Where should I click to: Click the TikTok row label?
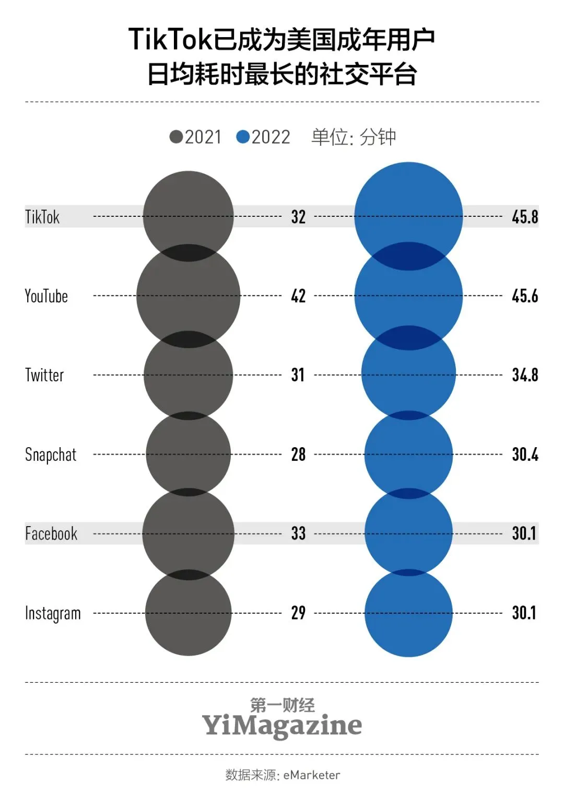42,217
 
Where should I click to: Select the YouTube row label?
46,296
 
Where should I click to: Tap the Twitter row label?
44,375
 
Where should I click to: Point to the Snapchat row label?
51,454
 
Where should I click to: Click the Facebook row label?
51,533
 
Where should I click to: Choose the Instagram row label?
53,613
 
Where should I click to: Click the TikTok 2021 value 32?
298,217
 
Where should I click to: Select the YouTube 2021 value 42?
298,296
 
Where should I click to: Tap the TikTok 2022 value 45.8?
525,217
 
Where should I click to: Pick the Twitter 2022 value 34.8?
525,375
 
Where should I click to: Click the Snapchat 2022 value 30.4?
525,454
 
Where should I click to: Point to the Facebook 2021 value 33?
298,533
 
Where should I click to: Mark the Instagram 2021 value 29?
298,613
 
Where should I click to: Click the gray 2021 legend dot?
177,137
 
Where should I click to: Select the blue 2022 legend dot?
243,137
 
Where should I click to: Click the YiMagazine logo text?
282,725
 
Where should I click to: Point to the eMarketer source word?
312,775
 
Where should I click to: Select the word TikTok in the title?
170,40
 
